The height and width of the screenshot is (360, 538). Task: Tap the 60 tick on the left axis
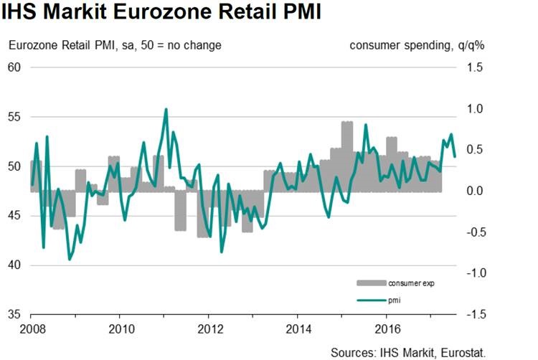(15, 67)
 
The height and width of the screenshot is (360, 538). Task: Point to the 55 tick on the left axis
(15, 117)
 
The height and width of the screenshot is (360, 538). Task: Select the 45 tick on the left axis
(15, 216)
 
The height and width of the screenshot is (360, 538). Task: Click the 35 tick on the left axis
(15, 315)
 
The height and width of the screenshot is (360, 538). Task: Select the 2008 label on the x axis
(31, 331)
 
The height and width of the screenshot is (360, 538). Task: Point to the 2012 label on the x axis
(209, 331)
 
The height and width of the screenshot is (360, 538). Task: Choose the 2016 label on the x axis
(387, 331)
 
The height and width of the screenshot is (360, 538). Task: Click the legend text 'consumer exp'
(411, 283)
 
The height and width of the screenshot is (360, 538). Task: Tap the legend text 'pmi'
(395, 299)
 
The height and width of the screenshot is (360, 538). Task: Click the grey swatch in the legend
(370, 283)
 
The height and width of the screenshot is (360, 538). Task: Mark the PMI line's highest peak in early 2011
(166, 110)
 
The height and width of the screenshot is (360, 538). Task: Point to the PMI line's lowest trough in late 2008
(70, 259)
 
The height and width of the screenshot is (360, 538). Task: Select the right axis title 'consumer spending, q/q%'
(417, 45)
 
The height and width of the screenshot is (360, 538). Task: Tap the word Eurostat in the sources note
(463, 351)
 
